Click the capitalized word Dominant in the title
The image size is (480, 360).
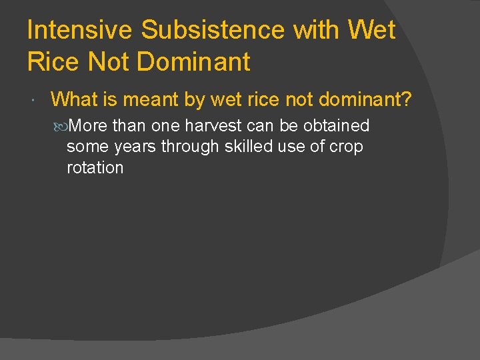(x=193, y=62)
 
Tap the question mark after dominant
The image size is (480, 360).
(x=406, y=100)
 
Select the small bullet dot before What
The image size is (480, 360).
(x=34, y=101)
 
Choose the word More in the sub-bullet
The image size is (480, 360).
(x=88, y=125)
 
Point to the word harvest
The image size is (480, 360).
(x=213, y=125)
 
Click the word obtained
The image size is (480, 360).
(x=337, y=125)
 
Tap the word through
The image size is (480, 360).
(x=189, y=147)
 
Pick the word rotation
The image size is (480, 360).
(x=95, y=168)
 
